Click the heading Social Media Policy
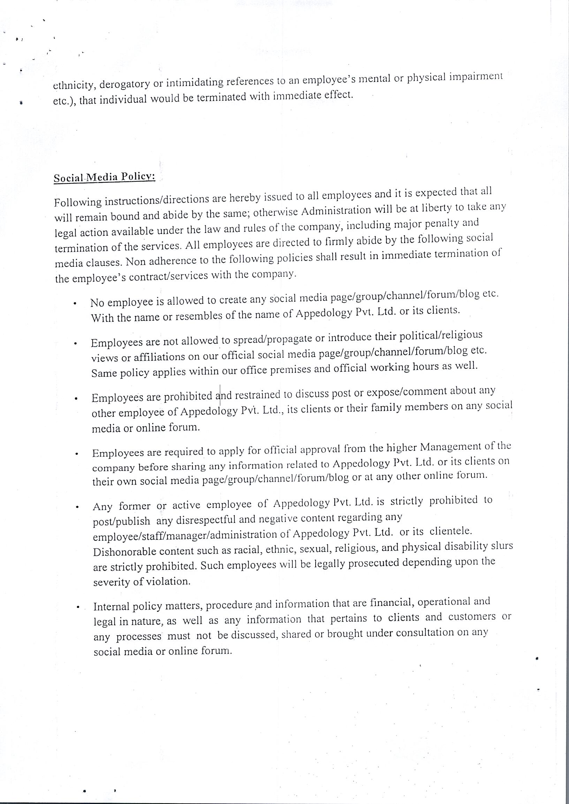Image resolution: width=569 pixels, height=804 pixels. point(104,177)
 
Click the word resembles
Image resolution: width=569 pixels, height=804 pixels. point(199,316)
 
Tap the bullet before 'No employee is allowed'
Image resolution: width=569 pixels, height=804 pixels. point(75,304)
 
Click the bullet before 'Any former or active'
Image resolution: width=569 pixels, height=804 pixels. point(76,507)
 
